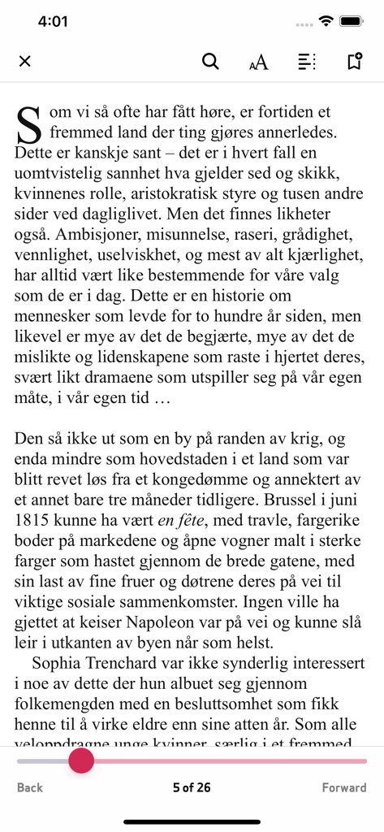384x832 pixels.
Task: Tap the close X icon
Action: (x=24, y=61)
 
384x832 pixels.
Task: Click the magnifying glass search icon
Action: (x=210, y=61)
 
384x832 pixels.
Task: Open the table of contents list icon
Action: (x=306, y=61)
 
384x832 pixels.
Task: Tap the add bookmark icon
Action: (x=354, y=61)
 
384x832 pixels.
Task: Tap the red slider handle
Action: (x=81, y=760)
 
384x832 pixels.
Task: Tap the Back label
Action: (x=30, y=787)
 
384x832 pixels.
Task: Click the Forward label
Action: (x=344, y=787)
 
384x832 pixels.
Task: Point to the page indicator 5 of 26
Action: (x=192, y=787)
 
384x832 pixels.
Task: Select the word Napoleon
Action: (x=179, y=624)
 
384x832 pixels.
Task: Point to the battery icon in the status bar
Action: (x=352, y=21)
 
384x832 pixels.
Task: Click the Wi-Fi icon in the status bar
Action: (x=326, y=21)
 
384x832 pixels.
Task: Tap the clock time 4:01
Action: (x=53, y=22)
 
